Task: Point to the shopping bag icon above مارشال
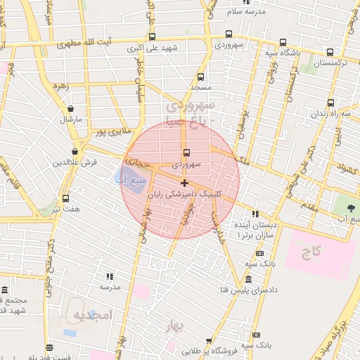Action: click(71, 109)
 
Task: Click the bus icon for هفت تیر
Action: click(65, 199)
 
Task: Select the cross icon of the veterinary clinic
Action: click(185, 183)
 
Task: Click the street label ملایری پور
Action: click(96, 131)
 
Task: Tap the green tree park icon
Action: click(351, 208)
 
